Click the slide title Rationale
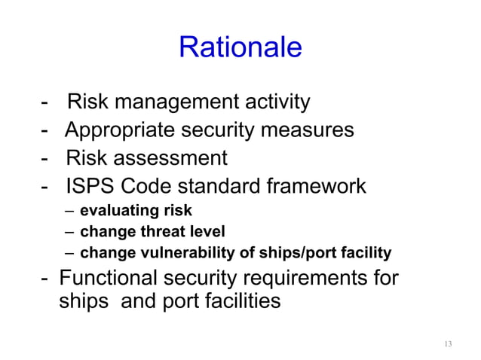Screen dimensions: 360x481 (x=240, y=47)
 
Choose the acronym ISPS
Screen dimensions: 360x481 (x=88, y=187)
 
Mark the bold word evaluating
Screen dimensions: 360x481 (x=116, y=211)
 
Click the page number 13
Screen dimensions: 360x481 (x=448, y=344)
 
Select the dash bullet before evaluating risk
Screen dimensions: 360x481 (x=69, y=211)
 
